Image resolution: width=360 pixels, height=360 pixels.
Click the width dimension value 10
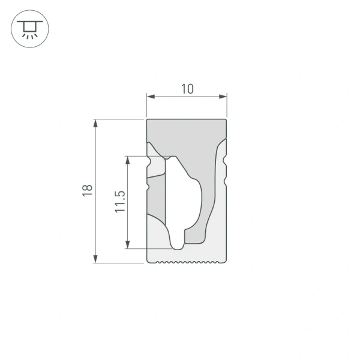point(187,89)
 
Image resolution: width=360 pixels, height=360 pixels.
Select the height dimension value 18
point(88,190)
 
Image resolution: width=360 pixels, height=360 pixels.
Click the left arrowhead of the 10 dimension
point(151,96)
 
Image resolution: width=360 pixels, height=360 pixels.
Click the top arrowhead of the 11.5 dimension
point(128,160)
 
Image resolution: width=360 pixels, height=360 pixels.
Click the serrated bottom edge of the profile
point(187,262)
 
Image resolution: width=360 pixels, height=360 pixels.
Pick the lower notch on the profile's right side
point(226,179)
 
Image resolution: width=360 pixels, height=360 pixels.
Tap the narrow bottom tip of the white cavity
point(178,245)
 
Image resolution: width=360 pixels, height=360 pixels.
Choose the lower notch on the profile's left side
point(148,187)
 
